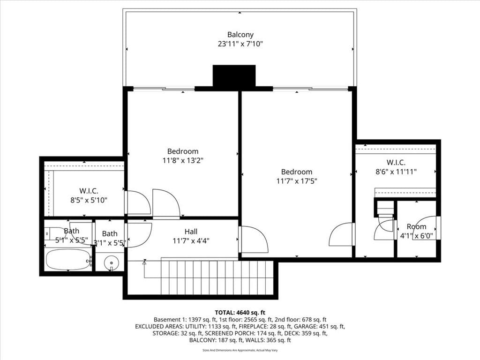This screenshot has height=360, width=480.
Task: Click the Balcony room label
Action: [240, 35]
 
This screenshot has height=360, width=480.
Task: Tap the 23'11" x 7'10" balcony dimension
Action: [240, 44]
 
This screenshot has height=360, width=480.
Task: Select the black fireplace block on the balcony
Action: [234, 76]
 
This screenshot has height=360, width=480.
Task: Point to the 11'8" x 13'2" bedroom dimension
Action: [183, 160]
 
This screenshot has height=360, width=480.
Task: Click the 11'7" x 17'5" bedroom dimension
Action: [296, 181]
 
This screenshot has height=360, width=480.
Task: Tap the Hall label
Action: [191, 232]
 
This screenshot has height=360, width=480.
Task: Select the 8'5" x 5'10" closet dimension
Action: [89, 200]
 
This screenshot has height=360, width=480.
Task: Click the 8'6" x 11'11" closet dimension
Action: [396, 172]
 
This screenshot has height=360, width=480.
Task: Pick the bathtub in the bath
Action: [68, 260]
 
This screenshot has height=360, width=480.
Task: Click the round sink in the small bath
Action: [111, 262]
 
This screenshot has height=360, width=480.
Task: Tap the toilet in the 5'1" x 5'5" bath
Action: [52, 233]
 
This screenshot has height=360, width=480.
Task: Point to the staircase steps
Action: [217, 277]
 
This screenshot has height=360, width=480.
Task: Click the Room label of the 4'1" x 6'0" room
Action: [416, 226]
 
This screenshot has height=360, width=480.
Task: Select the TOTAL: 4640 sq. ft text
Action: [240, 313]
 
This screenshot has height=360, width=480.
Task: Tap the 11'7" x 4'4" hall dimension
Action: [191, 240]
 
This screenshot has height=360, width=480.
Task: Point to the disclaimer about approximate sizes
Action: [240, 350]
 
